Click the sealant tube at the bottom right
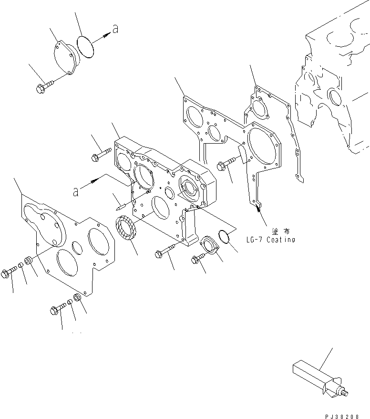315,378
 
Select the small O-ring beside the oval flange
226,237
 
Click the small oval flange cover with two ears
210,245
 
